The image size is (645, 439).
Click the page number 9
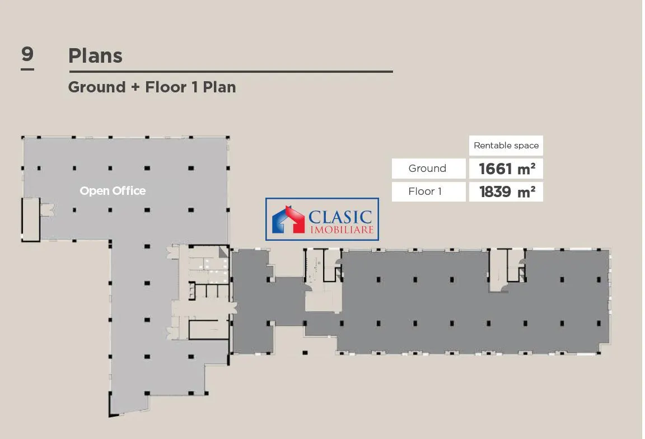pos(27,54)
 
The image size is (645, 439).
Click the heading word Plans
pos(95,55)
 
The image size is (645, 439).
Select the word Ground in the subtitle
pos(97,87)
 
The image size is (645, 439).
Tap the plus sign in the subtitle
pos(135,88)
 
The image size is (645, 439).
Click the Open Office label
pos(113,191)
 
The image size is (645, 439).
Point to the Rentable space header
pos(506,146)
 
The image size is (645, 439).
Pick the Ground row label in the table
pos(427,169)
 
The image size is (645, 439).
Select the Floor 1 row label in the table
pos(425,192)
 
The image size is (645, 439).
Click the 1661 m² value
pos(507,169)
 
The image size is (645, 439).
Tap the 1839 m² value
pos(507,192)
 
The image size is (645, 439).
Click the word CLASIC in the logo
pos(340,217)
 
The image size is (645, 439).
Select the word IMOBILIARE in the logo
pos(342,230)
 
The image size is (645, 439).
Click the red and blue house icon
pos(288,219)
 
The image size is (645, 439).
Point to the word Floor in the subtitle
pos(166,87)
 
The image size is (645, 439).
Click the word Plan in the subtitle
pos(219,87)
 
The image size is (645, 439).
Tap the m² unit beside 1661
pos(526,169)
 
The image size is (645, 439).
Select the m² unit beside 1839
pos(526,192)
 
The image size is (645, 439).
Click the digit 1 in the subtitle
pos(195,87)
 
